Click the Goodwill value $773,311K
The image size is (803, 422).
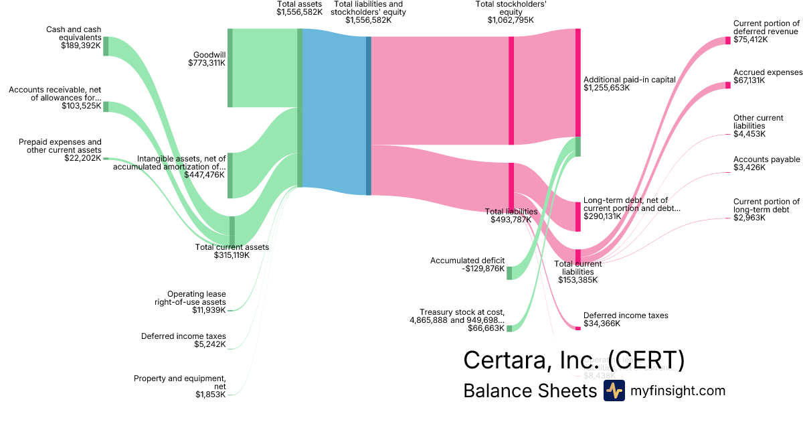207,63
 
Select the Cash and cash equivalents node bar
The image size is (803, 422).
106,46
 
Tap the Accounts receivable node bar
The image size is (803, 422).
106,107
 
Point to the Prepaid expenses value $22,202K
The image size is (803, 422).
81,158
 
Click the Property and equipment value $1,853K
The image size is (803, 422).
210,395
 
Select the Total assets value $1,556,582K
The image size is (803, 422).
299,12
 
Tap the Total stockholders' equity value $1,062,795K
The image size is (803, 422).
511,20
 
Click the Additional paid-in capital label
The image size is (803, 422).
629,79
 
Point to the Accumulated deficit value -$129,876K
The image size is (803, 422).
483,269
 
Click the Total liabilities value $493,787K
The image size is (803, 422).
511,219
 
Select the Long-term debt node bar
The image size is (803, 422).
578,216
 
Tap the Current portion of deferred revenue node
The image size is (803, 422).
728,40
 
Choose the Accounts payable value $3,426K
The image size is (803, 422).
749,167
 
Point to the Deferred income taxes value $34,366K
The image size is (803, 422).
602,324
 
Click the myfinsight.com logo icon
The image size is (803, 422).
614,391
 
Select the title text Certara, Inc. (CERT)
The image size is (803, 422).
574,360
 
